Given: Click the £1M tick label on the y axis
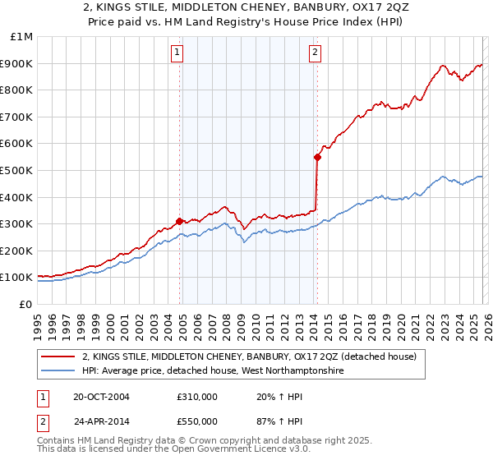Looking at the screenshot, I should (21, 37).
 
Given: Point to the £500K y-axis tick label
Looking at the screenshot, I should (18, 170).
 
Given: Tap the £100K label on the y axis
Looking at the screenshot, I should (18, 277).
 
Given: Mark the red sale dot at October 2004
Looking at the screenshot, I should (179, 221).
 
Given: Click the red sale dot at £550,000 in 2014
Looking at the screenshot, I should (316, 157).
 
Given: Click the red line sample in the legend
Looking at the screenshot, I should (58, 356).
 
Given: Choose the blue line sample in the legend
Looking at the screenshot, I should (58, 371).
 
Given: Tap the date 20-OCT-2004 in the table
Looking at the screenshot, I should (101, 396).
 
